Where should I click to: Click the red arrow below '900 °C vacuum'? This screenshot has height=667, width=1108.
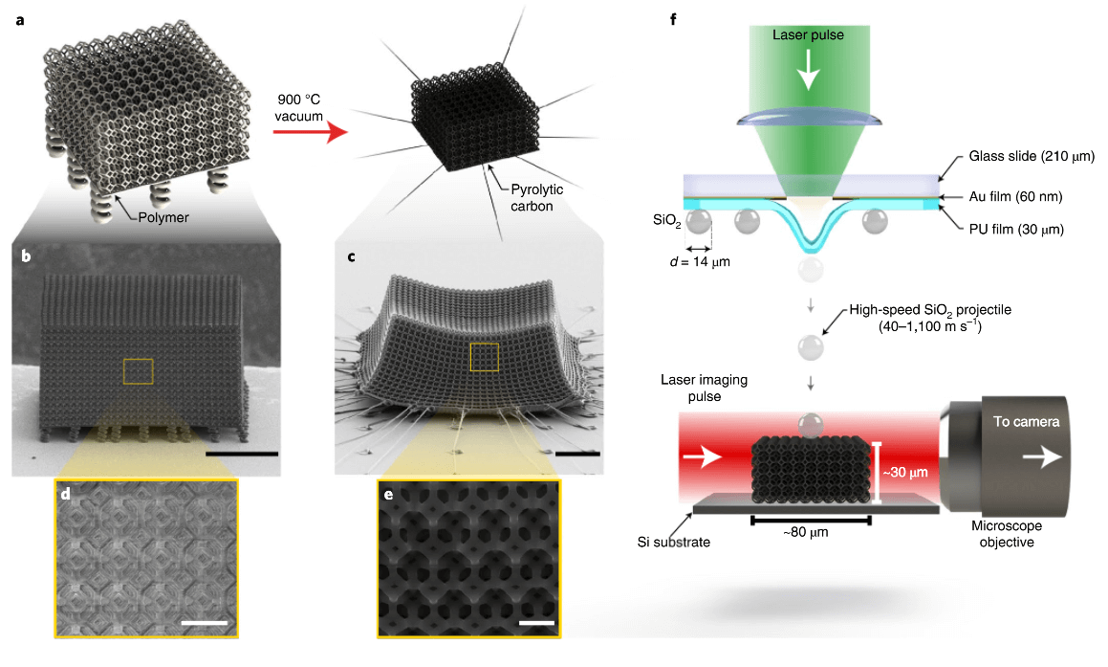click(307, 133)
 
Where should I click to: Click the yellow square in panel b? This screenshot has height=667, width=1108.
click(139, 371)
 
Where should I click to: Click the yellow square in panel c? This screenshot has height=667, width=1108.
click(484, 356)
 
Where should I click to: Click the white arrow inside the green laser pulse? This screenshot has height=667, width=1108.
click(809, 68)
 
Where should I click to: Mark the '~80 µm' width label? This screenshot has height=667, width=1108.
click(811, 532)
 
